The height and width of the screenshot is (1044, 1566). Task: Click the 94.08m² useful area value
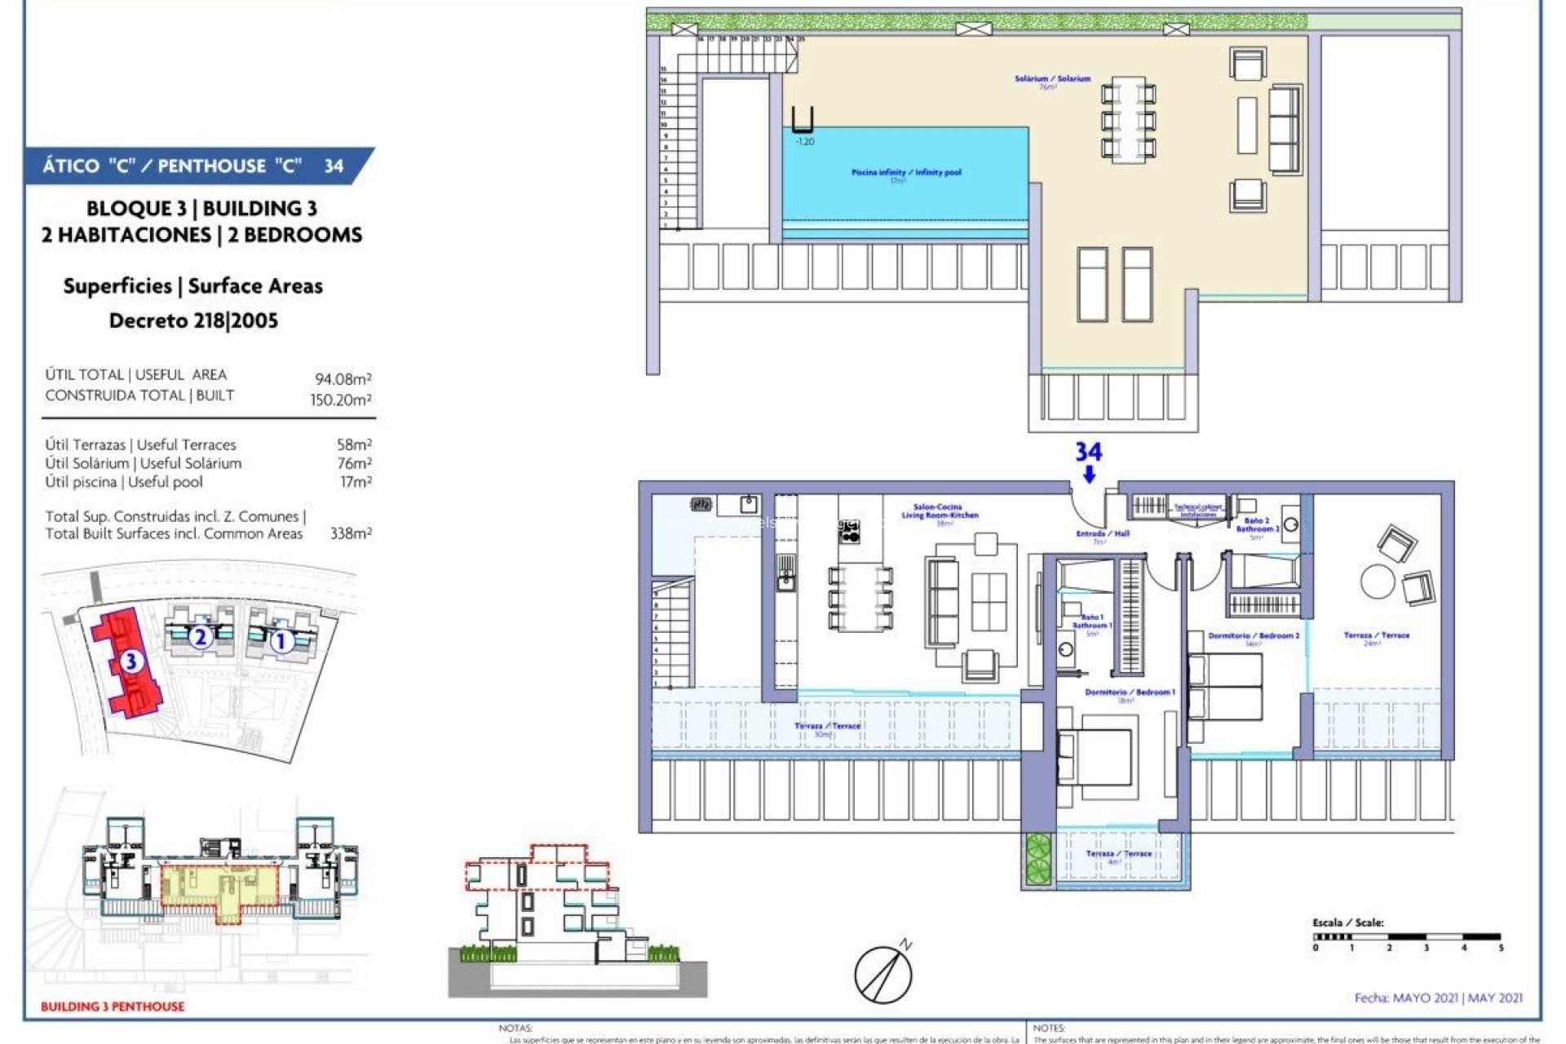[x=343, y=379]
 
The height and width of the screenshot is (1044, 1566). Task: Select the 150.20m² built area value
[x=341, y=400]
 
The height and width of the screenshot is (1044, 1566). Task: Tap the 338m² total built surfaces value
[x=351, y=533]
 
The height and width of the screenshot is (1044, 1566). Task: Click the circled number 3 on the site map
[x=130, y=661]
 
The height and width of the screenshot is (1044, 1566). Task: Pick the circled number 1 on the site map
[x=281, y=641]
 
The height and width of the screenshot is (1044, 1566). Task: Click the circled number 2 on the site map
[x=200, y=636]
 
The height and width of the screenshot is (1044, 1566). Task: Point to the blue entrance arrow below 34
[x=1089, y=475]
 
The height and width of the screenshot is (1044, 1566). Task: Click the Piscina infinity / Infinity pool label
[x=906, y=173]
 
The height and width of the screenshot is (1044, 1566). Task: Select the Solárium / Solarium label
[x=1052, y=79]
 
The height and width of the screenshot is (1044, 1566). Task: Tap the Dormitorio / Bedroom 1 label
[x=1130, y=692]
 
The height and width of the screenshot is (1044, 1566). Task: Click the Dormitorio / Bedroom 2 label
[x=1254, y=635]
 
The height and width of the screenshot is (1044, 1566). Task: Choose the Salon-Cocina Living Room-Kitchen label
[x=939, y=511]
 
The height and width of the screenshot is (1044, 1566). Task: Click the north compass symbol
[x=884, y=972]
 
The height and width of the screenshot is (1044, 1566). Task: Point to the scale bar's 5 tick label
[x=1501, y=948]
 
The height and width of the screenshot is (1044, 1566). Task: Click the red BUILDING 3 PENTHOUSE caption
[x=113, y=1006]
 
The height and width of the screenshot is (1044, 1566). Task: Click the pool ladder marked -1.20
[x=803, y=121]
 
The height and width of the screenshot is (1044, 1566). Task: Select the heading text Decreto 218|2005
[x=193, y=321]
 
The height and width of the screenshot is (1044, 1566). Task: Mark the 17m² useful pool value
[x=356, y=482]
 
